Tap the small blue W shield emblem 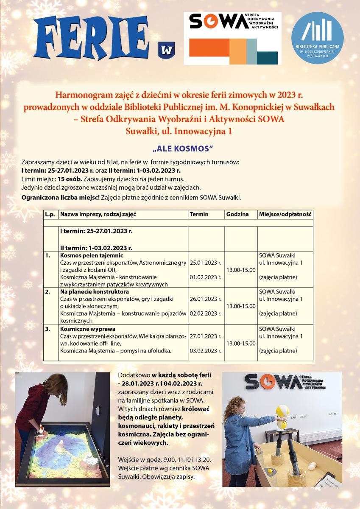pyautogui.click(x=166, y=50)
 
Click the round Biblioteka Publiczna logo pyautogui.click(x=317, y=38)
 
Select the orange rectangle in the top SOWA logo pyautogui.click(x=209, y=51)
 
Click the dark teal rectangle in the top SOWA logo pyautogui.click(x=267, y=57)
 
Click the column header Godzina pyautogui.click(x=237, y=214)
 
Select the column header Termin pyautogui.click(x=199, y=214)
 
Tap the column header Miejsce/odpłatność pyautogui.click(x=285, y=214)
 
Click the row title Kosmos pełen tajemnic pyautogui.click(x=91, y=255)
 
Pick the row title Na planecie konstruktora pyautogui.click(x=94, y=292)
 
